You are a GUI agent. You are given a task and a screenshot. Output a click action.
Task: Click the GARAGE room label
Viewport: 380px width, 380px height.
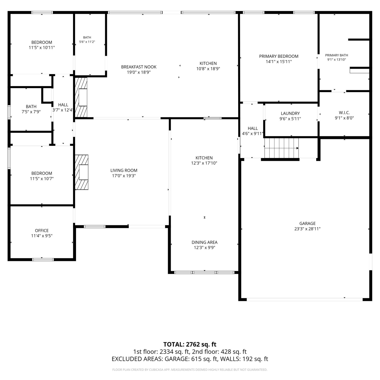[x=307, y=223]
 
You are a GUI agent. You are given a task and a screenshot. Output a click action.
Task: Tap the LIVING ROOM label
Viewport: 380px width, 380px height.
[x=124, y=170]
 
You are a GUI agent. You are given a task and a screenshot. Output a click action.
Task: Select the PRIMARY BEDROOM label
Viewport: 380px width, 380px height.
[x=279, y=56]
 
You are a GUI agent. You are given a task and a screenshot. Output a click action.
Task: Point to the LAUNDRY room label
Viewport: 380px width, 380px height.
[x=290, y=113]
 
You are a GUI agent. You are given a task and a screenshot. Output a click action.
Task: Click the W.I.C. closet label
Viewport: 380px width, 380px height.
[x=344, y=113]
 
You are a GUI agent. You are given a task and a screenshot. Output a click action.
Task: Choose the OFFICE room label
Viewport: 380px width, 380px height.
[x=42, y=231]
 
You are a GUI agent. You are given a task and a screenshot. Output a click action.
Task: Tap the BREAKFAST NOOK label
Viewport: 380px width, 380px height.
[x=139, y=67]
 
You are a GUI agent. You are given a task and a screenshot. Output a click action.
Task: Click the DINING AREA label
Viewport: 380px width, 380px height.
[x=204, y=242]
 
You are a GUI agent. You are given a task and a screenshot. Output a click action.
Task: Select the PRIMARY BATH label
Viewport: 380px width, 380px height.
[x=337, y=55]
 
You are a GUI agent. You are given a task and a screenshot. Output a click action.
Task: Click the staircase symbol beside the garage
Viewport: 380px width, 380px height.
[x=281, y=148]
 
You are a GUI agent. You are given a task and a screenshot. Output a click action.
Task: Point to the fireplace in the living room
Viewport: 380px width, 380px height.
[x=82, y=172]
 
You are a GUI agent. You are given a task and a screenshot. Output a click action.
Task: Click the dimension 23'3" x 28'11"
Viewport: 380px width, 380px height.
[x=307, y=229]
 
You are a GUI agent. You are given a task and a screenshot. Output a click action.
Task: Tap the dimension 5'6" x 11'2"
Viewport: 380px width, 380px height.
[x=87, y=42]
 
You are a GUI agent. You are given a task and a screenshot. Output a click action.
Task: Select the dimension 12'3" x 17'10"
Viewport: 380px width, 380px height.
[x=204, y=163]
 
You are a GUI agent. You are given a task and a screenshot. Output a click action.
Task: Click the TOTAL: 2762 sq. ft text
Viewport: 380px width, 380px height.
[x=190, y=344]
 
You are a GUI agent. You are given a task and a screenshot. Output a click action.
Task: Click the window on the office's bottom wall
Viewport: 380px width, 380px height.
[x=43, y=259]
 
